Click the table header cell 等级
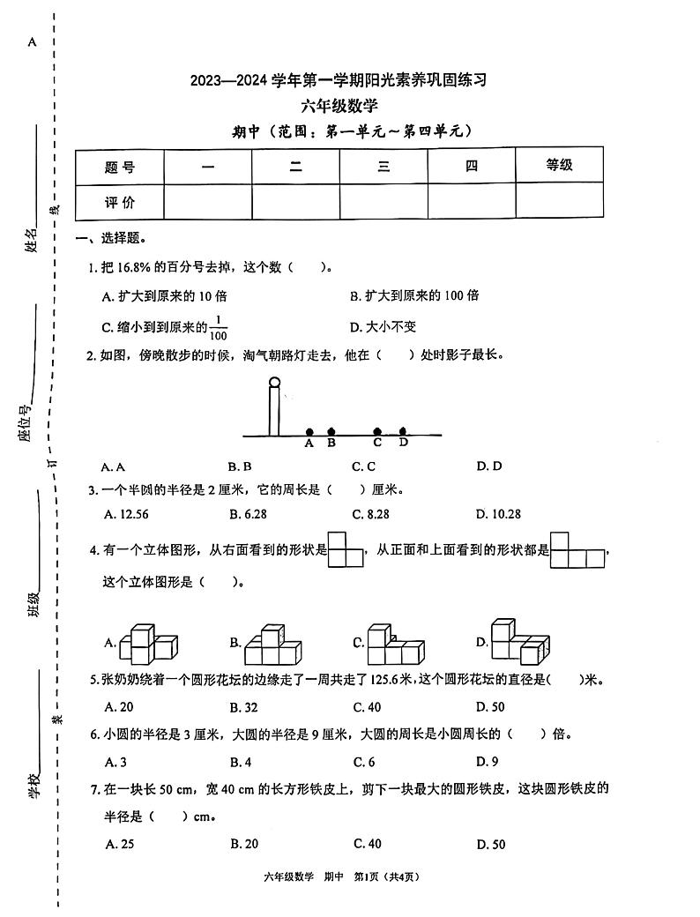(x=559, y=165)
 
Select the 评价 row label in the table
(x=119, y=202)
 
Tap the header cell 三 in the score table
(x=384, y=166)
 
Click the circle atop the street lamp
(x=274, y=383)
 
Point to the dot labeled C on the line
(x=377, y=432)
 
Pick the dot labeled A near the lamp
(x=309, y=432)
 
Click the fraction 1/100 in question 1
(x=219, y=327)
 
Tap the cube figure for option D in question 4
(x=516, y=641)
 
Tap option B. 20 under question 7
(x=243, y=844)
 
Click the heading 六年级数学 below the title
(x=339, y=107)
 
